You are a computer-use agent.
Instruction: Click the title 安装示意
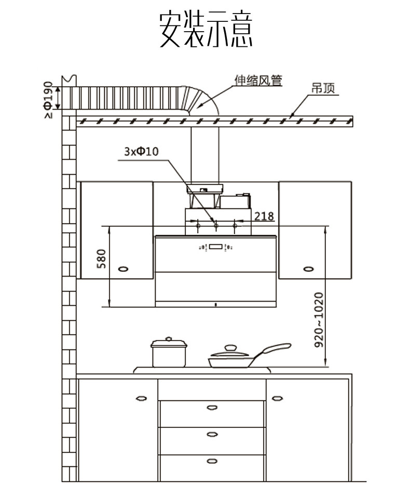[206, 30]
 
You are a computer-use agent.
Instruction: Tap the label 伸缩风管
[258, 81]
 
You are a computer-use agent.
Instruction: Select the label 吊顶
[323, 88]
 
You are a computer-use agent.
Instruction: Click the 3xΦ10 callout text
[141, 151]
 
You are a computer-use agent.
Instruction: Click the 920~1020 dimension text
[319, 319]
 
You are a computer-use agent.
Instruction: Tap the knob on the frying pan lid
[229, 347]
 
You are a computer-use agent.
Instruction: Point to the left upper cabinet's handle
[124, 269]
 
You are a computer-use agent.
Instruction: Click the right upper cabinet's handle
[308, 269]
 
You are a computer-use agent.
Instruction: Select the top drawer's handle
[212, 407]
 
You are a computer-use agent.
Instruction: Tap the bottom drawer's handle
[212, 461]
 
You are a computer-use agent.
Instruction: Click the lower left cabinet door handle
[141, 399]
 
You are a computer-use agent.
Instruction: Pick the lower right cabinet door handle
[277, 399]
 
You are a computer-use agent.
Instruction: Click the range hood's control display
[216, 247]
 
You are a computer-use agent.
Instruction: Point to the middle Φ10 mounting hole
[216, 226]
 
